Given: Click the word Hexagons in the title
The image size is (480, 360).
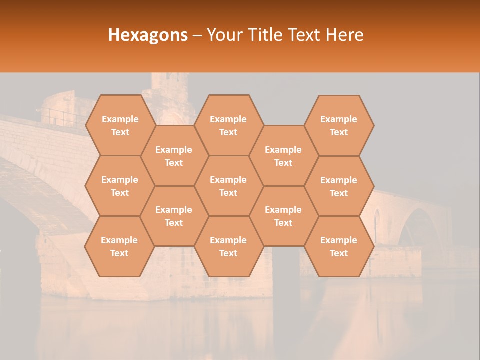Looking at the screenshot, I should (148, 35).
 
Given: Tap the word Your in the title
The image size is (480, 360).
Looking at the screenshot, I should (224, 35).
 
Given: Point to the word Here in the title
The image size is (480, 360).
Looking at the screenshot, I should (345, 35).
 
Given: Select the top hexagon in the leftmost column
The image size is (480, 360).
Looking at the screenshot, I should (120, 125).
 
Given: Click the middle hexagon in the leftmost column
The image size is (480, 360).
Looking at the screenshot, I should (120, 186).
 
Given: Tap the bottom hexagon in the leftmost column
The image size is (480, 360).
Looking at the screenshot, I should (119, 246).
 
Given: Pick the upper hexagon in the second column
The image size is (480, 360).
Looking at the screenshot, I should (174, 156).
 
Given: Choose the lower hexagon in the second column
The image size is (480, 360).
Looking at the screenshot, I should (174, 216).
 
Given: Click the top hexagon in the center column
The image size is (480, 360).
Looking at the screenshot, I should (228, 125).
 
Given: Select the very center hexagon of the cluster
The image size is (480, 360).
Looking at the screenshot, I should (228, 186).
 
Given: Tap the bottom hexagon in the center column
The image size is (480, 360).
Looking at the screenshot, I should (228, 246).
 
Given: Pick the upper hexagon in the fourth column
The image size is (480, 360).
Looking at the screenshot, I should (283, 156).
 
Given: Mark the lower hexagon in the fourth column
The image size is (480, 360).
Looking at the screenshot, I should (283, 216).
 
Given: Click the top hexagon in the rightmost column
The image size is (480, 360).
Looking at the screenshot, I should (339, 125).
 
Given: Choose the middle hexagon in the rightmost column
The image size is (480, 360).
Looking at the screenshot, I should (339, 186).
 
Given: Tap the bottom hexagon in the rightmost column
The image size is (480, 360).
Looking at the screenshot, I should (339, 246).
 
